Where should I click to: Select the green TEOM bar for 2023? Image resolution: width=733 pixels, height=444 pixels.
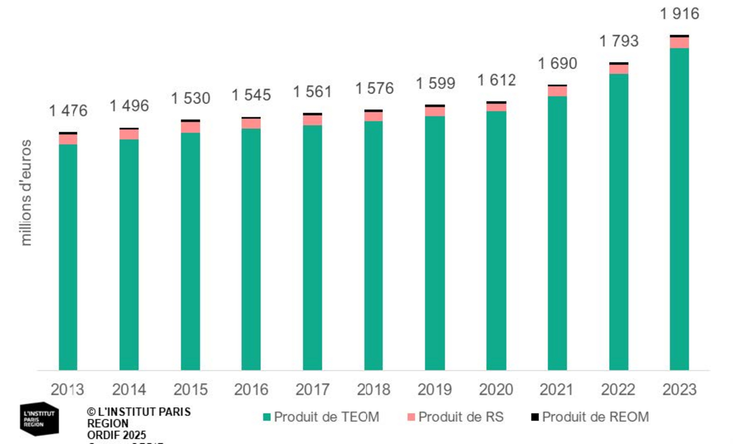[x=679, y=209]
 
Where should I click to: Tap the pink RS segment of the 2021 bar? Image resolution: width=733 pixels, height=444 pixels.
[x=557, y=91]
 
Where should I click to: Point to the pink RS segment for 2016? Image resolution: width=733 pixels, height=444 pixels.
[x=251, y=123]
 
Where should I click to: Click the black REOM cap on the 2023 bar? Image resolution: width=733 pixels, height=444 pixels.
[x=679, y=36]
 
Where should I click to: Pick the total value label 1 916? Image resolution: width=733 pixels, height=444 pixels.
[x=679, y=14]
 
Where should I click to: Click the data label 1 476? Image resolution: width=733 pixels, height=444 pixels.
[x=68, y=111]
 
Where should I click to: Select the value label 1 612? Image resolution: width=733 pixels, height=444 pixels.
[x=496, y=80]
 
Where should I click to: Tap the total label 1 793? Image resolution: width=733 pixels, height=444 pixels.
[x=618, y=41]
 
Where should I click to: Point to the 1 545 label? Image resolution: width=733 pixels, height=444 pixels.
[x=251, y=95]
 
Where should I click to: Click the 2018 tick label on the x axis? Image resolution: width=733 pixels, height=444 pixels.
[x=373, y=389]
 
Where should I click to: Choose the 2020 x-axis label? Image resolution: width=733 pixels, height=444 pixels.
[x=496, y=389]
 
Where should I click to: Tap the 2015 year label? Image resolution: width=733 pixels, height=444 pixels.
[x=190, y=389]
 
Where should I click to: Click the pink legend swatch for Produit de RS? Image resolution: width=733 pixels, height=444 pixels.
[x=411, y=417]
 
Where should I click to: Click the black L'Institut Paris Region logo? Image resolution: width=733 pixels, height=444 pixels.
[x=39, y=419]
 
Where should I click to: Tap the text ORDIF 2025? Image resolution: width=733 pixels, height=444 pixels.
[x=116, y=435]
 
